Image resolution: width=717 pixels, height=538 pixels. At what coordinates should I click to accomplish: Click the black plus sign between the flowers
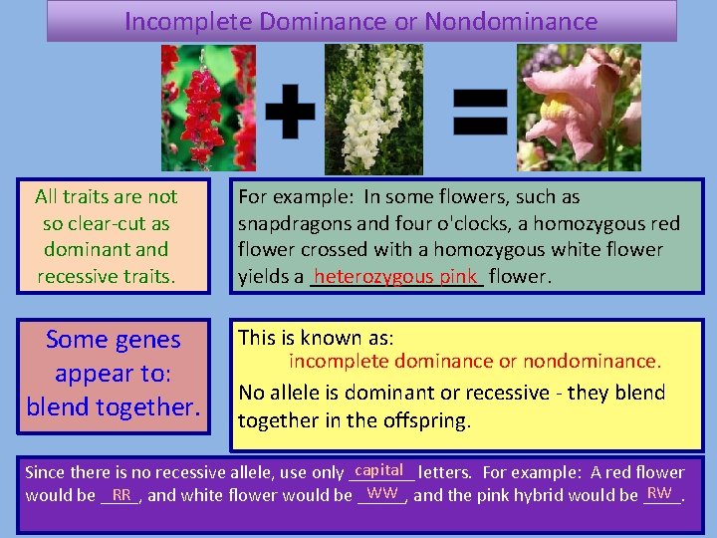point(290,110)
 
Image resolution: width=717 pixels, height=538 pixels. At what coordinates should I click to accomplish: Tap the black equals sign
point(481,110)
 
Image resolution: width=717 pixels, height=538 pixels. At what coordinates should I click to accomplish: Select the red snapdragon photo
point(208,108)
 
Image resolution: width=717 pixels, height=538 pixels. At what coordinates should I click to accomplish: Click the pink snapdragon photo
point(579,108)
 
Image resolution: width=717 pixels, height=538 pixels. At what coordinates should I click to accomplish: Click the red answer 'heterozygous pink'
point(396,276)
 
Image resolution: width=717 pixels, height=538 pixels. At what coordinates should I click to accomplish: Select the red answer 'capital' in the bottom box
point(378,470)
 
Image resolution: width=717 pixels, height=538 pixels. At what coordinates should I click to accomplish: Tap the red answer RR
point(121,493)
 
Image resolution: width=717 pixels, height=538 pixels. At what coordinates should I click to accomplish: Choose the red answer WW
point(382,493)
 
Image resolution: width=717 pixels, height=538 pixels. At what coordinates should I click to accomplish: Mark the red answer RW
point(658,493)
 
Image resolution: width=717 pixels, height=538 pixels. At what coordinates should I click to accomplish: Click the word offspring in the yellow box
point(422,420)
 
